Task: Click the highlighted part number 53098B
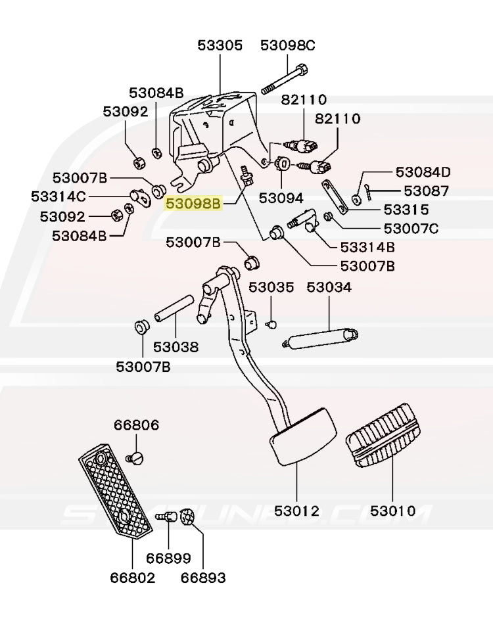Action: [x=193, y=204]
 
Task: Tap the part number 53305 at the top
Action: [x=220, y=45]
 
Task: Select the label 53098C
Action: [x=287, y=45]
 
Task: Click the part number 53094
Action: [x=281, y=198]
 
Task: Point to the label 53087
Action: [x=426, y=191]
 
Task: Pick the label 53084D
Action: [x=423, y=173]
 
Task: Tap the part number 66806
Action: [x=136, y=425]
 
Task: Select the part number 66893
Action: [x=202, y=578]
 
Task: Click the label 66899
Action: [x=168, y=559]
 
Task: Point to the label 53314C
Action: [x=59, y=196]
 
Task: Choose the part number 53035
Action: [x=271, y=287]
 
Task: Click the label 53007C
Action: [x=411, y=229]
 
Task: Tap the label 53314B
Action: [x=367, y=248]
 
